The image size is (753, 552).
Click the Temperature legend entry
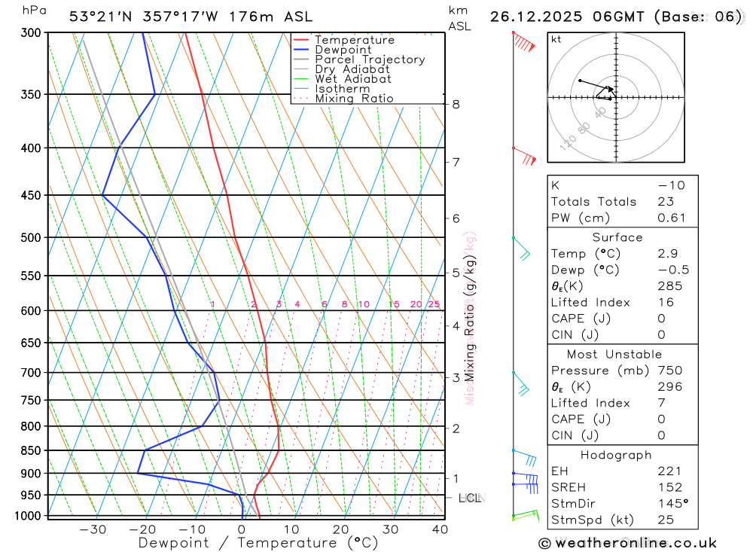pyautogui.click(x=354, y=40)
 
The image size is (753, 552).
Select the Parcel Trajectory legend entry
pyautogui.click(x=369, y=59)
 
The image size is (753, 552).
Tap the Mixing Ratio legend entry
pyautogui.click(x=354, y=99)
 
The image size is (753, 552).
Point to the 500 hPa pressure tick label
pyautogui.click(x=32, y=238)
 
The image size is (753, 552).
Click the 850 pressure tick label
pyautogui.click(x=32, y=451)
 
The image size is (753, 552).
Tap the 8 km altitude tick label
pyautogui.click(x=456, y=104)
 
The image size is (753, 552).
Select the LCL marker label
pyautogui.click(x=471, y=498)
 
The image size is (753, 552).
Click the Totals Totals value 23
pyautogui.click(x=665, y=202)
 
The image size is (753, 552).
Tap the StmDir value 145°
pyautogui.click(x=672, y=504)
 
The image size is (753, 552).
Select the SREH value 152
pyautogui.click(x=669, y=487)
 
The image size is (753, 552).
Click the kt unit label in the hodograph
pyautogui.click(x=556, y=40)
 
